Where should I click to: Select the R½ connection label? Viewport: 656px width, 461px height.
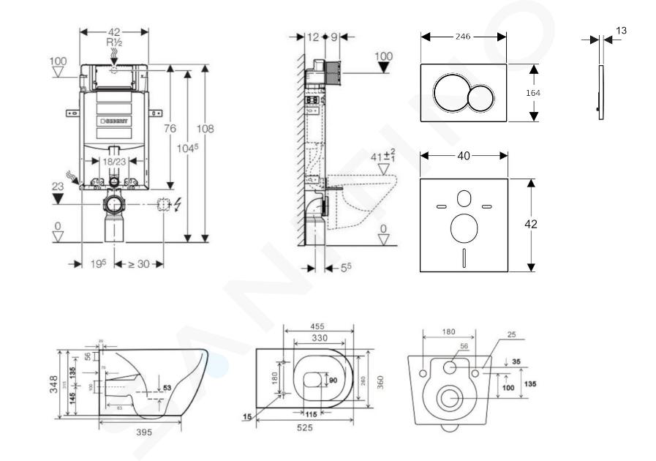click(113, 44)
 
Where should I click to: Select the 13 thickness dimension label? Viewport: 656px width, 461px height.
click(622, 31)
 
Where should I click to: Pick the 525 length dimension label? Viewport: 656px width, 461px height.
click(305, 427)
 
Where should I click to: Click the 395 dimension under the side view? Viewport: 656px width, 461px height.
click(144, 432)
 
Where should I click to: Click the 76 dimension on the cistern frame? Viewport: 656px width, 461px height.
click(170, 129)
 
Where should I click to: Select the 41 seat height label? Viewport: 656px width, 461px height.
click(379, 156)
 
